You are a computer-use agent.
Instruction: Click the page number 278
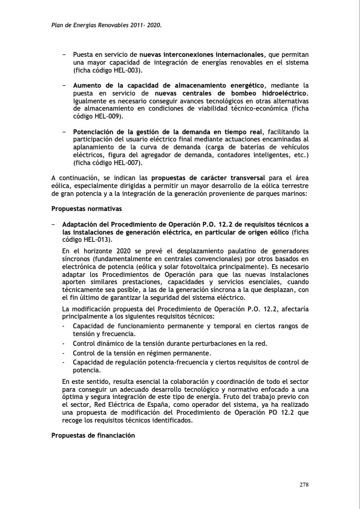click(x=304, y=485)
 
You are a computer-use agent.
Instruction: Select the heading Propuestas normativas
click(x=87, y=209)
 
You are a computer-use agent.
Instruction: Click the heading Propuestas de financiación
click(x=93, y=435)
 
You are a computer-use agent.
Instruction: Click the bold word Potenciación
click(x=96, y=131)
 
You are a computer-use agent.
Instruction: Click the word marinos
click(x=295, y=193)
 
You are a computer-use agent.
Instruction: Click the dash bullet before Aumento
click(x=64, y=86)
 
